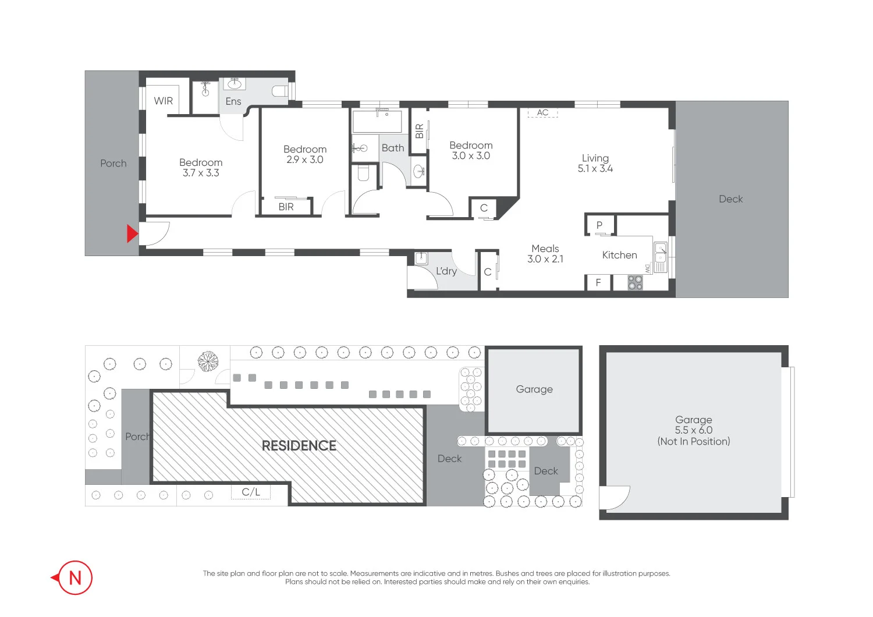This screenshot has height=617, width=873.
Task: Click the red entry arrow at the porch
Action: [133, 234]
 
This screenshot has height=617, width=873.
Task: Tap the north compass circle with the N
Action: [75, 577]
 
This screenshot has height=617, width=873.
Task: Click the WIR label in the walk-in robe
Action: [164, 101]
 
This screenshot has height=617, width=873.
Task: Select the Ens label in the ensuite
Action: [233, 101]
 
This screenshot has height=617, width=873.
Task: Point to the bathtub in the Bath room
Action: [377, 122]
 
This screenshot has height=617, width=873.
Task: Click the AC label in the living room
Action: [542, 112]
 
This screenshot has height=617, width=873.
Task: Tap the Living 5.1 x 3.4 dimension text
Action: [595, 168]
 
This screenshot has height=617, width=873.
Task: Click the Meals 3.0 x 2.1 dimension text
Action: [545, 259]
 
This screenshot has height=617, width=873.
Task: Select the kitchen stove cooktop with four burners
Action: [635, 283]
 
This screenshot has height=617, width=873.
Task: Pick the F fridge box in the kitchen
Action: [598, 283]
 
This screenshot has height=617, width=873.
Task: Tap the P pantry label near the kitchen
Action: [599, 225]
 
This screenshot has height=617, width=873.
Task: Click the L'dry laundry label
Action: [446, 271]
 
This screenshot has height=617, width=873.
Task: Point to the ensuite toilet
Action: [280, 91]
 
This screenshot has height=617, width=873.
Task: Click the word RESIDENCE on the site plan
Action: [299, 446]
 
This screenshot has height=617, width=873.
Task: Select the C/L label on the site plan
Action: [251, 492]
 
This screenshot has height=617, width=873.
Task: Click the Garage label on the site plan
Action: [534, 389]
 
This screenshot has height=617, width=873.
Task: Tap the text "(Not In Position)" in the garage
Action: [694, 441]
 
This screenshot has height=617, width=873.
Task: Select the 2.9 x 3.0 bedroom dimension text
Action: [305, 159]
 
